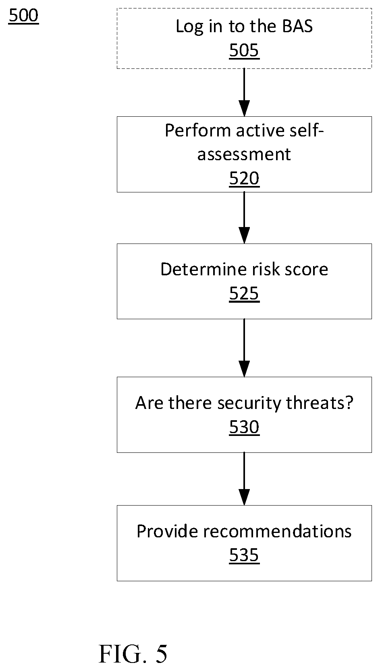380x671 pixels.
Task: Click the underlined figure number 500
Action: pyautogui.click(x=23, y=16)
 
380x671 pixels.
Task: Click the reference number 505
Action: pyautogui.click(x=244, y=50)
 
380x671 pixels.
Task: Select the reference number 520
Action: pyautogui.click(x=244, y=178)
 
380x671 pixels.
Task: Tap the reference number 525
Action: pyautogui.click(x=244, y=293)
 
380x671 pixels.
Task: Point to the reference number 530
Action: pyautogui.click(x=244, y=427)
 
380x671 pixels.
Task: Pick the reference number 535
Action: pyautogui.click(x=244, y=555)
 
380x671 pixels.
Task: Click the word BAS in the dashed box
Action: pyautogui.click(x=297, y=26)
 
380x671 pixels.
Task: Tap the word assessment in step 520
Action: pyautogui.click(x=244, y=155)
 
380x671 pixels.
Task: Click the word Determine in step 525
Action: pyautogui.click(x=204, y=269)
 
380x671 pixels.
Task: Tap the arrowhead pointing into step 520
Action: pyautogui.click(x=244, y=108)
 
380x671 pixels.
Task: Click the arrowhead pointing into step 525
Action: pyautogui.click(x=244, y=235)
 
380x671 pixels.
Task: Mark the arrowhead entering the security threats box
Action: pyautogui.click(x=244, y=369)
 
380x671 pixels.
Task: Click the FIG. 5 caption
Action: pyautogui.click(x=133, y=654)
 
